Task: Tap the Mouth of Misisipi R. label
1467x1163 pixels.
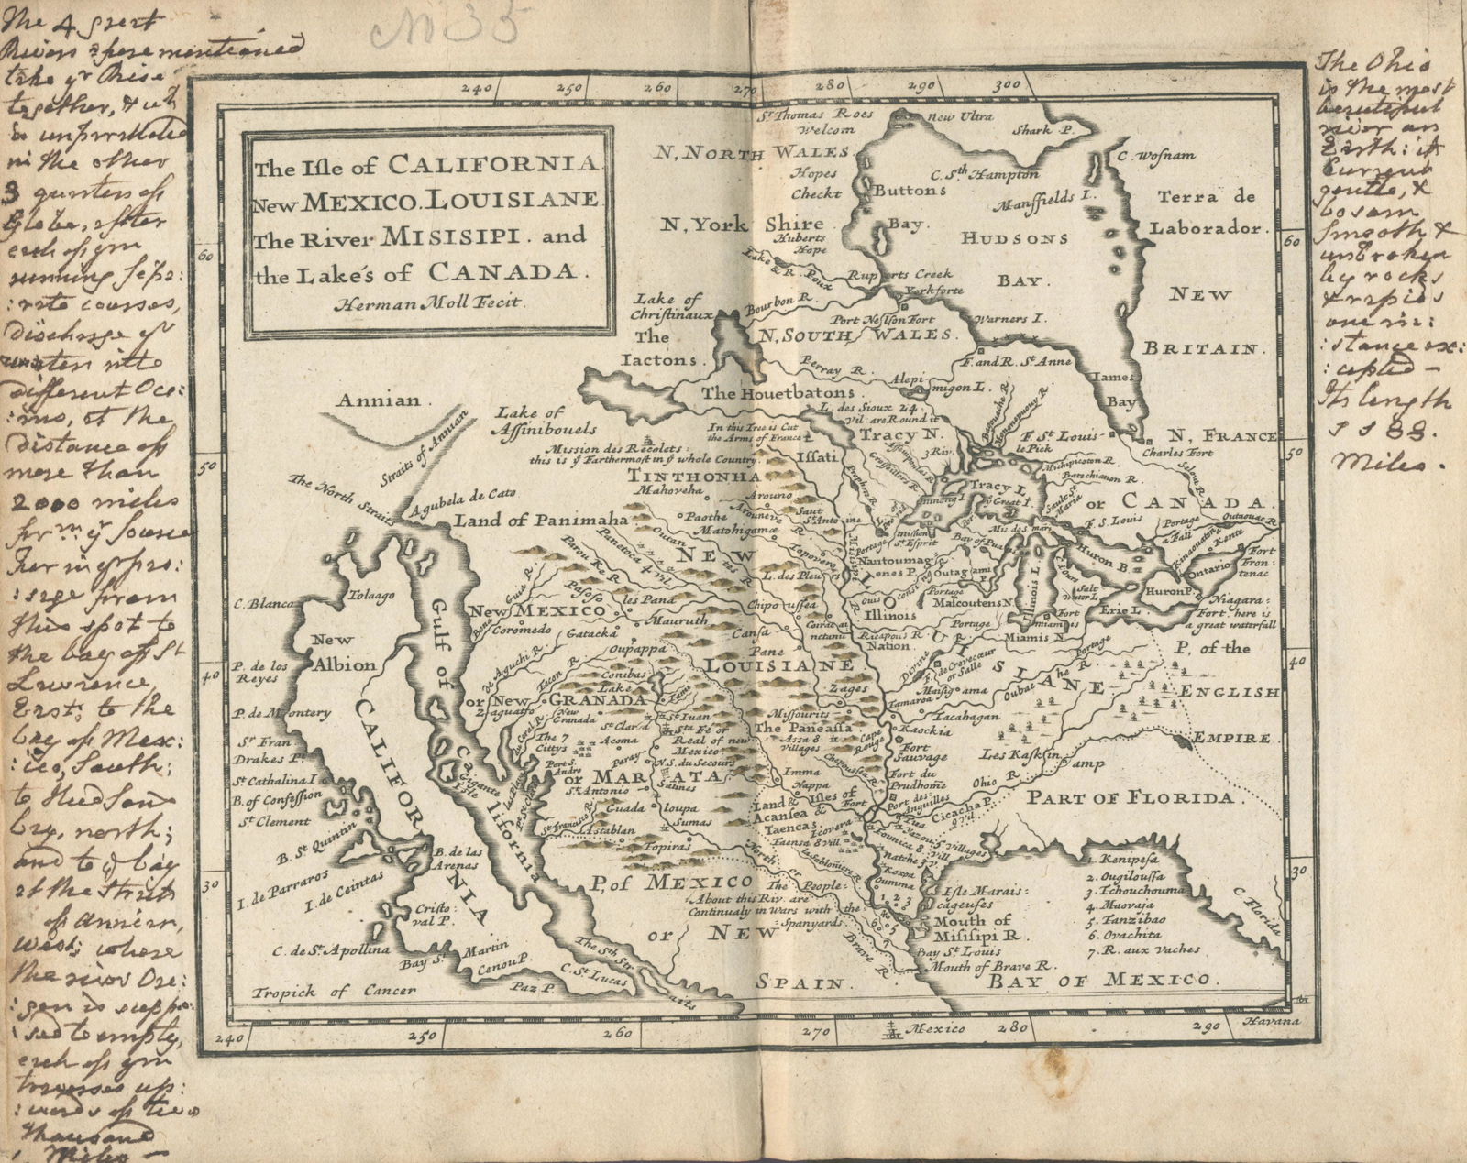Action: pos(977,928)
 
